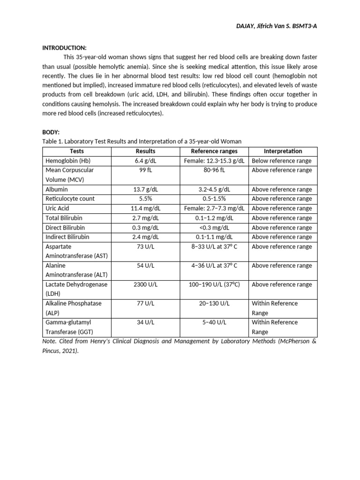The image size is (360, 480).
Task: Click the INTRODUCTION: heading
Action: (64, 48)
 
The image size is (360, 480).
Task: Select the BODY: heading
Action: (52, 133)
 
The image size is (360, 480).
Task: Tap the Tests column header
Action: (77, 151)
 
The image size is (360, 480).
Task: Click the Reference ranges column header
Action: (214, 151)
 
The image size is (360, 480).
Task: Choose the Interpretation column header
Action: (283, 151)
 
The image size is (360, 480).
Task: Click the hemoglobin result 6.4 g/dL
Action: (145, 161)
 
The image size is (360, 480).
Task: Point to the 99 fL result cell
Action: (145, 170)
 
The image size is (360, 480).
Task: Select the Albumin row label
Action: (57, 189)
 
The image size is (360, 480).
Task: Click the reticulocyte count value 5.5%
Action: (145, 199)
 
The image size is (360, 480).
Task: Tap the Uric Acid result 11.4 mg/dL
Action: (145, 208)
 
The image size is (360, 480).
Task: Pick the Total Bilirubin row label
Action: (64, 218)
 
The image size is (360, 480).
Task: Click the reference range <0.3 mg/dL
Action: (214, 227)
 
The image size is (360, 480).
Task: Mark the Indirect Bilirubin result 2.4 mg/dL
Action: (145, 237)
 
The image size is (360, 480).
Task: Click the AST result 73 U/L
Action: (145, 247)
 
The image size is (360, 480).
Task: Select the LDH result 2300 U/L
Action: (145, 285)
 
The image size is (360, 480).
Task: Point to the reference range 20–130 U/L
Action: (214, 303)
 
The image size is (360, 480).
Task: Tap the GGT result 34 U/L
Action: (145, 322)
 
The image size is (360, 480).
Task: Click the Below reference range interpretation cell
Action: (282, 161)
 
